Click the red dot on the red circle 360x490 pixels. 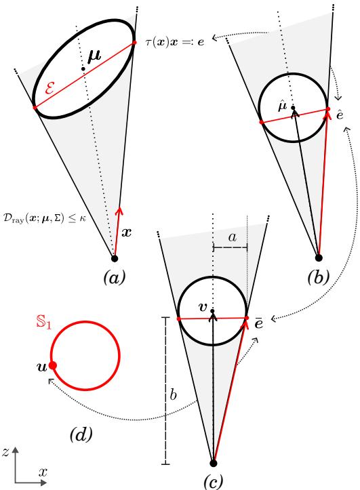54,365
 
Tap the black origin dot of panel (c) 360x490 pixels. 214,463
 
